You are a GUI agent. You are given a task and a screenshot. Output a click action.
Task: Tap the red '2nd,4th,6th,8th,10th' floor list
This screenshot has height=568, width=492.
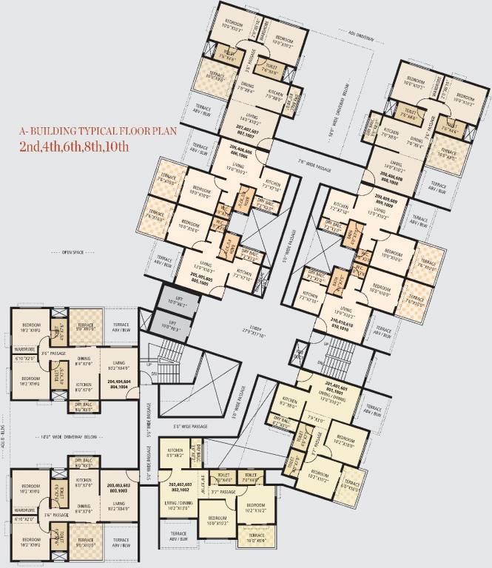click(x=75, y=146)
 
